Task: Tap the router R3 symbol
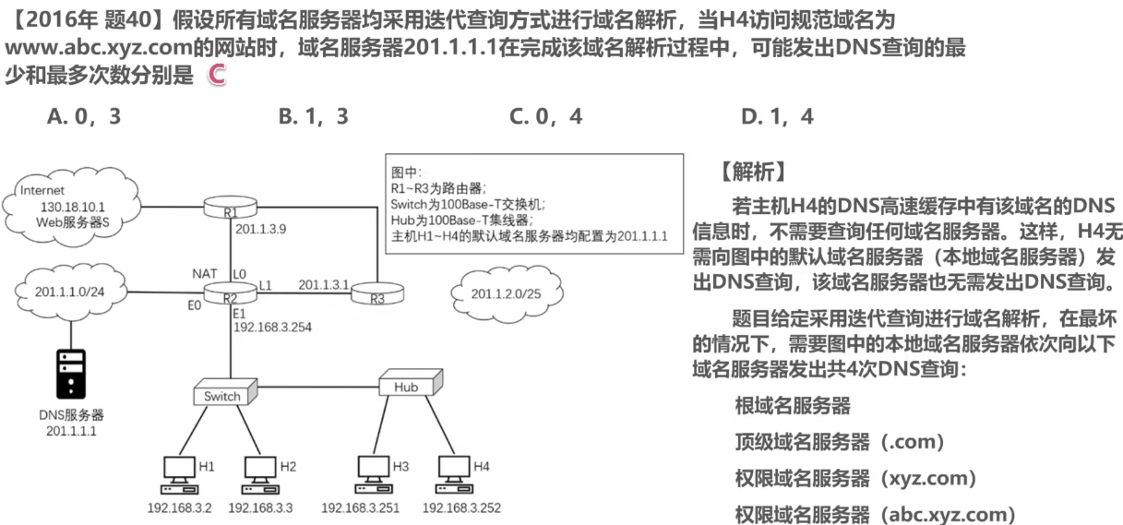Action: tap(377, 295)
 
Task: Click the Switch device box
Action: tap(222, 394)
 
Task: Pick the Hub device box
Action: tap(407, 385)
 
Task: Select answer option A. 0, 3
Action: tap(84, 116)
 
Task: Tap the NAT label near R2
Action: tap(204, 274)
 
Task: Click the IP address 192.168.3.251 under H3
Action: tap(358, 507)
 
